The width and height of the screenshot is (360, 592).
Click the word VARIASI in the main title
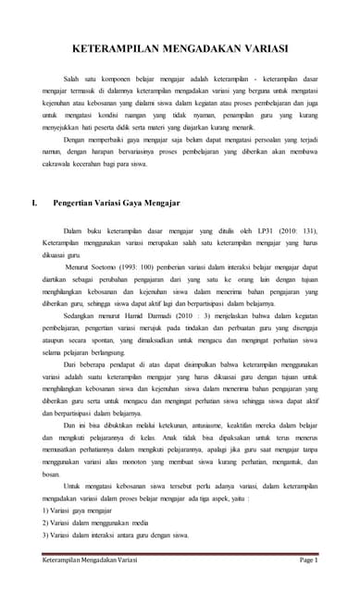[262, 48]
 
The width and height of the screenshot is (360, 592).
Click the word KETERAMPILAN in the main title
[119, 48]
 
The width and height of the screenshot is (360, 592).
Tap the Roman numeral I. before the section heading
[35, 200]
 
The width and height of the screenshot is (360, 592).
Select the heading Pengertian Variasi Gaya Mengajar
[117, 200]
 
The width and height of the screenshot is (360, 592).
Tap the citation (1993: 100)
[154, 265]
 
